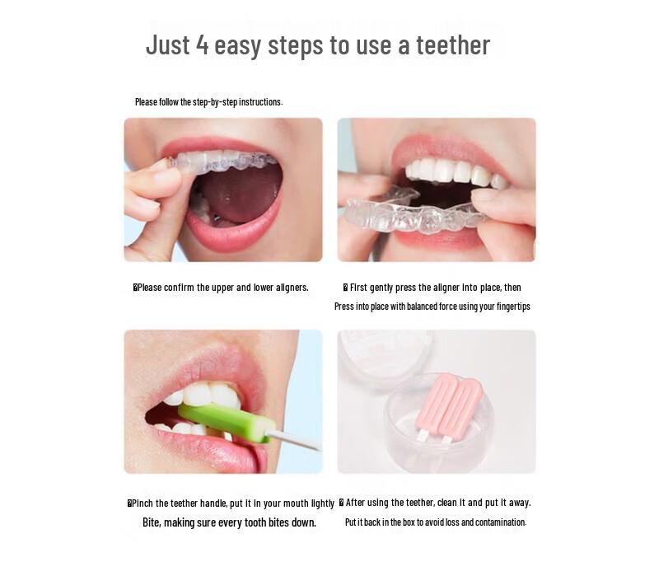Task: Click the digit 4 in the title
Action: [x=202, y=44]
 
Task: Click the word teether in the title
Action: [x=452, y=44]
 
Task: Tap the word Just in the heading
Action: [x=168, y=44]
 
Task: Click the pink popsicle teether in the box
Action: [x=448, y=404]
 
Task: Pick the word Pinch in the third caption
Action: [x=143, y=503]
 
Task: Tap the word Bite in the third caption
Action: [x=151, y=522]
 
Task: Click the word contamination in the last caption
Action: [x=498, y=522]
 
